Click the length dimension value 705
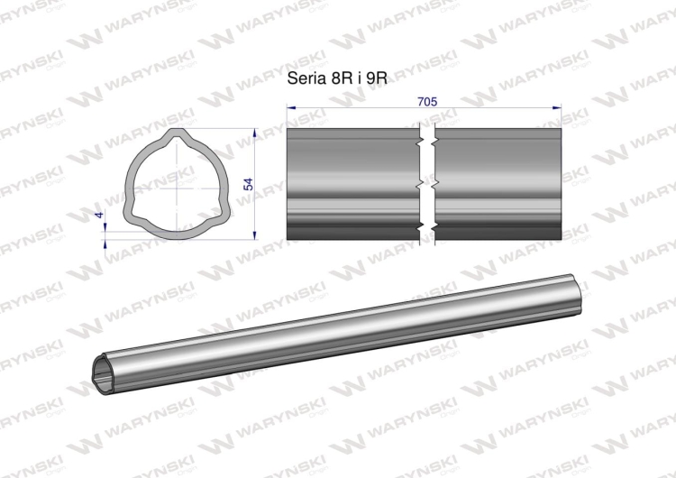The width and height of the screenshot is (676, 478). point(427,102)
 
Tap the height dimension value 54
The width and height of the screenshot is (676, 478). point(248,184)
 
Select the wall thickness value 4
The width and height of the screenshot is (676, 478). point(100,215)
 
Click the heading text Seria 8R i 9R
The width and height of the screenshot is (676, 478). point(337,78)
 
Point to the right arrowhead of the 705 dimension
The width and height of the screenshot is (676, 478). point(557,107)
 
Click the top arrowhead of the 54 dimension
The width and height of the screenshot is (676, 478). point(255,132)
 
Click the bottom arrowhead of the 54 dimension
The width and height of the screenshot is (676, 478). point(255,235)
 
